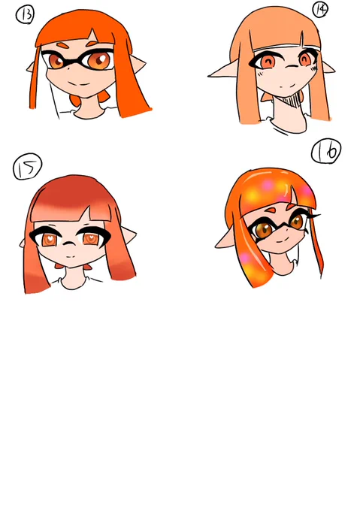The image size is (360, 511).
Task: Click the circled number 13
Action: (x=25, y=15)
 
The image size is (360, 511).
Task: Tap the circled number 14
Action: (x=320, y=9)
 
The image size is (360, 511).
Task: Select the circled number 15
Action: (x=27, y=167)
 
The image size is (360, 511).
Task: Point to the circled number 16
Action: (x=326, y=151)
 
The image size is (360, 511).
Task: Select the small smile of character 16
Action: (x=280, y=240)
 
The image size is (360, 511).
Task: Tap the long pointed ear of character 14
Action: (x=223, y=71)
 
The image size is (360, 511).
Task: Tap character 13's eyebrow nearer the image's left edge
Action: (x=63, y=44)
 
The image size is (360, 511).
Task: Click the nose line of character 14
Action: (x=292, y=68)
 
